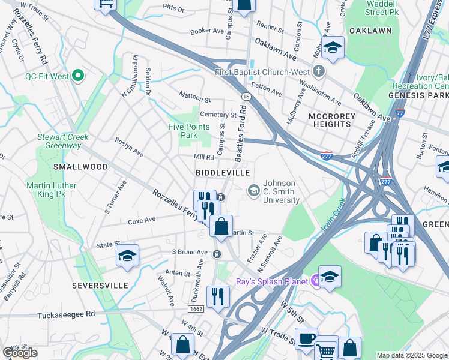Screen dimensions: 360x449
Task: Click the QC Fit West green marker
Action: click(77, 76)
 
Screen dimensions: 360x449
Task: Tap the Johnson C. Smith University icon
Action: click(254, 191)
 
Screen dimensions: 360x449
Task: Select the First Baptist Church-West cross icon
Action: click(318, 72)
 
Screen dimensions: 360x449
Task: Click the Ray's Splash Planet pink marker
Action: click(313, 281)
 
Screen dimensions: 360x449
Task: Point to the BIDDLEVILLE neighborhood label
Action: click(223, 173)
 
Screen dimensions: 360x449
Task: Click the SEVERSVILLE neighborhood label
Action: click(100, 286)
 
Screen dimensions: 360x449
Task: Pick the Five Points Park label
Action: click(189, 131)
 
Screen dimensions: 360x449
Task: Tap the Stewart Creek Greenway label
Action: click(63, 141)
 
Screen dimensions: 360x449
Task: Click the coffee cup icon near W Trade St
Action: click(306, 338)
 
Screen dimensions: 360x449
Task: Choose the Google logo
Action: click(20, 353)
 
